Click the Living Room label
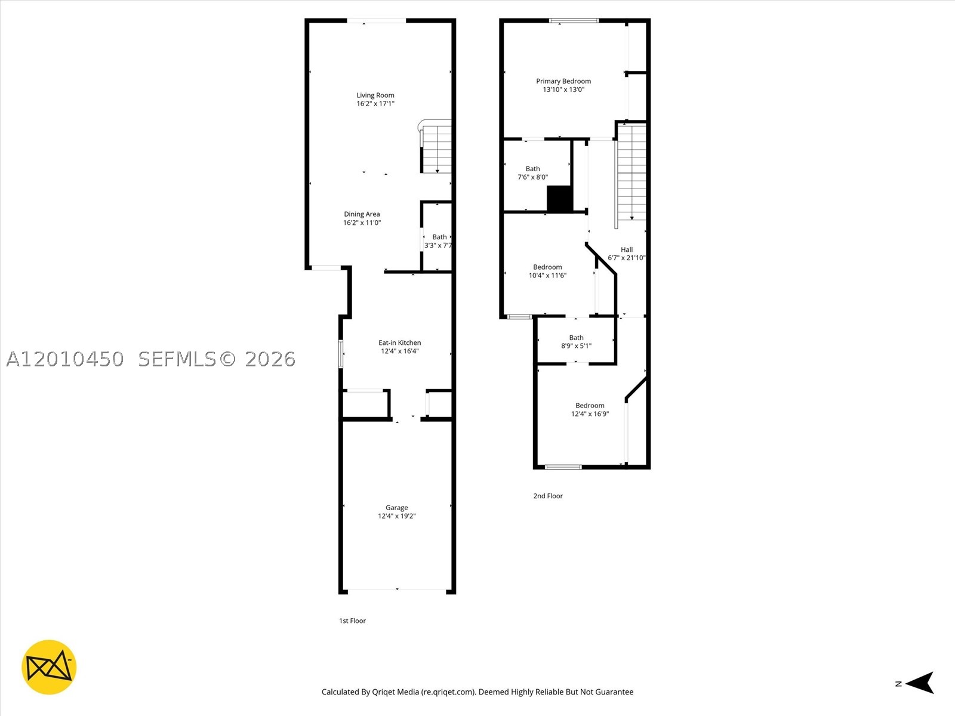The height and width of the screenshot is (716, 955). point(375,95)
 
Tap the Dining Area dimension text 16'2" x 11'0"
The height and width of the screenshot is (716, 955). point(362,223)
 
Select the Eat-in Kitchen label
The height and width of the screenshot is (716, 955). point(399,342)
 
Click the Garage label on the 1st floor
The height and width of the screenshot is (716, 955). point(396,507)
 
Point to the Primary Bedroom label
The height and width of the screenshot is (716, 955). point(563,81)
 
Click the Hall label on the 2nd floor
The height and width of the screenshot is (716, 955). point(627,249)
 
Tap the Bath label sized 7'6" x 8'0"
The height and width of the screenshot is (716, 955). point(532,169)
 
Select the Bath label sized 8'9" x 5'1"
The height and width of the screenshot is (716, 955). point(576,337)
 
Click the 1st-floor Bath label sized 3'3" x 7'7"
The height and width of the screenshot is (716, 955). point(439,237)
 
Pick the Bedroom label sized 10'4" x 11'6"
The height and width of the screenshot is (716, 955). point(547,267)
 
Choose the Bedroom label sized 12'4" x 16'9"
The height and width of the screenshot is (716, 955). point(590,405)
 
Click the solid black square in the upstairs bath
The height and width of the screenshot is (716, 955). point(559,199)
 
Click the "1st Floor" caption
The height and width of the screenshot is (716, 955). point(352,621)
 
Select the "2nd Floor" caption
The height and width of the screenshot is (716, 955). point(548,496)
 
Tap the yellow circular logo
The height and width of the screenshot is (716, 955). point(49,667)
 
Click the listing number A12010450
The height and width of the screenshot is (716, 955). point(65,359)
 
